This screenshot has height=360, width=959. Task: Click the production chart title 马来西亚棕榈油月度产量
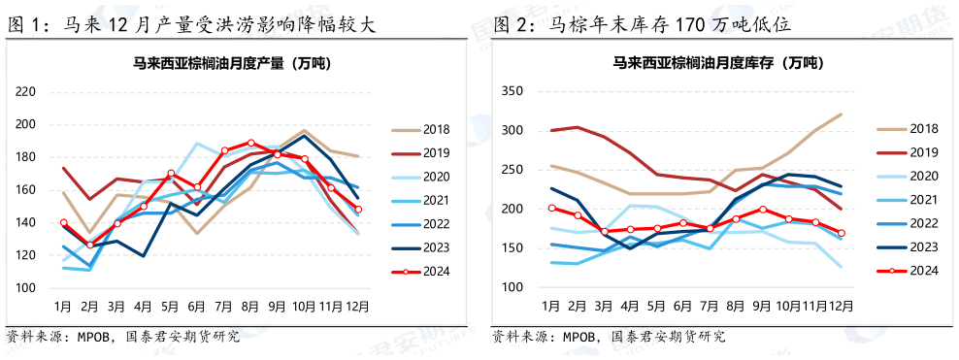pyautogui.click(x=231, y=64)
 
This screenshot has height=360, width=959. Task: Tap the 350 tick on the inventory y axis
pyautogui.click(x=512, y=91)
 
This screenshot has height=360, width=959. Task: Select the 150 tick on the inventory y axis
pyautogui.click(x=512, y=248)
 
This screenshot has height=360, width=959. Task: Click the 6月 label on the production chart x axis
pyautogui.click(x=197, y=306)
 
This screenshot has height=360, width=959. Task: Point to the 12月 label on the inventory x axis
pyautogui.click(x=840, y=306)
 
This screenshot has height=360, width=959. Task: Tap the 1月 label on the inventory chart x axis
pyautogui.click(x=550, y=306)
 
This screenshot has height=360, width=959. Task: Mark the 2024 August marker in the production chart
pyautogui.click(x=251, y=143)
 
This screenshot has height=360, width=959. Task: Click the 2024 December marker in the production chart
pyautogui.click(x=358, y=210)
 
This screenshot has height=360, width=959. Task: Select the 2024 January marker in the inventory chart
pyautogui.click(x=551, y=208)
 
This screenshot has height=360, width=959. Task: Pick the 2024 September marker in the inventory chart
pyautogui.click(x=762, y=210)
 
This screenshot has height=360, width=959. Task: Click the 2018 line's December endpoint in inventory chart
pyautogui.click(x=841, y=115)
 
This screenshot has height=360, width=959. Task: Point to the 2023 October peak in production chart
pyautogui.click(x=305, y=135)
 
